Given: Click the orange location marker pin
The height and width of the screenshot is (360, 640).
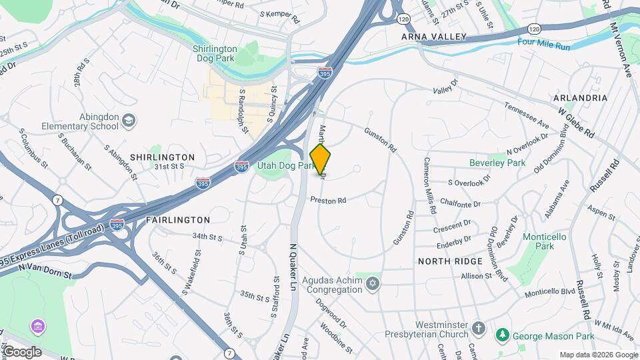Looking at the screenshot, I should (321, 160).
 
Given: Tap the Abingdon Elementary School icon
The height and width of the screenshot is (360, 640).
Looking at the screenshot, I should (129, 120).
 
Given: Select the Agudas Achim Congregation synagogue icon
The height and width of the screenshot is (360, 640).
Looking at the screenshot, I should (373, 285).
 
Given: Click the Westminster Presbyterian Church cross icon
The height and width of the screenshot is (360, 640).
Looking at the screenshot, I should (477, 328).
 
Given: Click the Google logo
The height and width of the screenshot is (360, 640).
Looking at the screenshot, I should (21, 351).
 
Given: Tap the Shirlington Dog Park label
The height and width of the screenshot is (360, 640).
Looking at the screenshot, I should (215, 53).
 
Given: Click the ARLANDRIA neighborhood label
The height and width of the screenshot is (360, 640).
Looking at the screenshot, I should (580, 97).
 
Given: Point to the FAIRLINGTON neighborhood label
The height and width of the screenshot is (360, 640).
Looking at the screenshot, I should (178, 219).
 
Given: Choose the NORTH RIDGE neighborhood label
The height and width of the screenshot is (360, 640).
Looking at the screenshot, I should (449, 261).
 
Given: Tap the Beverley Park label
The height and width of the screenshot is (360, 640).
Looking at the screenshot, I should (497, 163).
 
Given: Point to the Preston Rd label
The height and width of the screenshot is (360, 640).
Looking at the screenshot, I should (328, 200).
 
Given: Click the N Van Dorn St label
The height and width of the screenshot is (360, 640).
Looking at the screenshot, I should (45, 269).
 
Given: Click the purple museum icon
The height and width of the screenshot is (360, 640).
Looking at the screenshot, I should (38, 327).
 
